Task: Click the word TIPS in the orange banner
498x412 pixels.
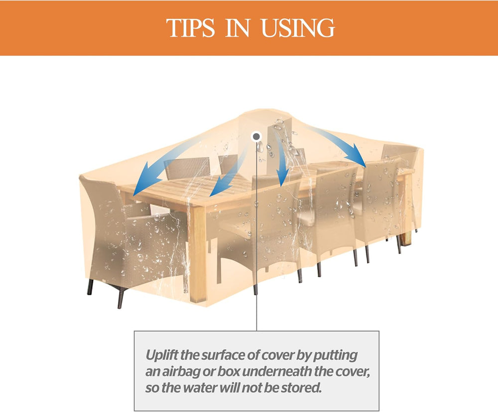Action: pos(190,28)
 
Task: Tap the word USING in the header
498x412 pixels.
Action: pos(298,28)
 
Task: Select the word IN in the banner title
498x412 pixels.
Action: pos(238,28)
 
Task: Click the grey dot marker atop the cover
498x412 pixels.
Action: pos(256,137)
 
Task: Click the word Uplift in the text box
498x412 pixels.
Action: pos(162,355)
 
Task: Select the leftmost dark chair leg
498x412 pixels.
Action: pos(90,287)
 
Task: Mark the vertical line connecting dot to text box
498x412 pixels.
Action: pos(256,236)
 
